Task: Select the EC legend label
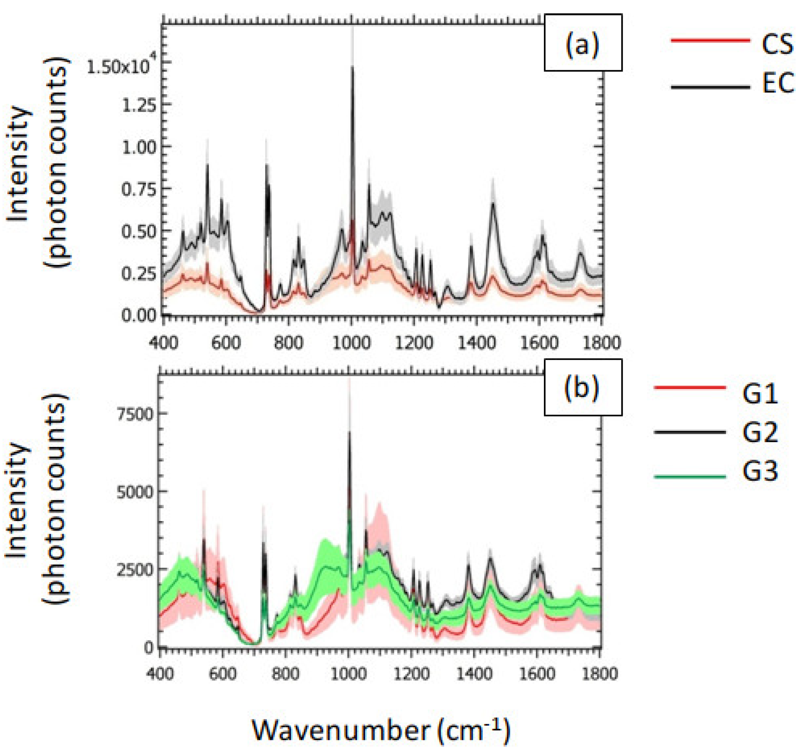click(778, 84)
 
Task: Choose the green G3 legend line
click(689, 476)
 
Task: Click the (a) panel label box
click(583, 43)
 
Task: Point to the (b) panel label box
click(583, 387)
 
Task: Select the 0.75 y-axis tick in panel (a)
click(139, 189)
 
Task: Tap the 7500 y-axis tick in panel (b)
click(135, 414)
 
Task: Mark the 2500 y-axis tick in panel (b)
click(135, 570)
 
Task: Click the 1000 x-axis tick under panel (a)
click(351, 343)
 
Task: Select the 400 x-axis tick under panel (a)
click(163, 343)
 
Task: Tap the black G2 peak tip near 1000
click(349, 432)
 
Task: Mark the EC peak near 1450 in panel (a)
click(493, 203)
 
